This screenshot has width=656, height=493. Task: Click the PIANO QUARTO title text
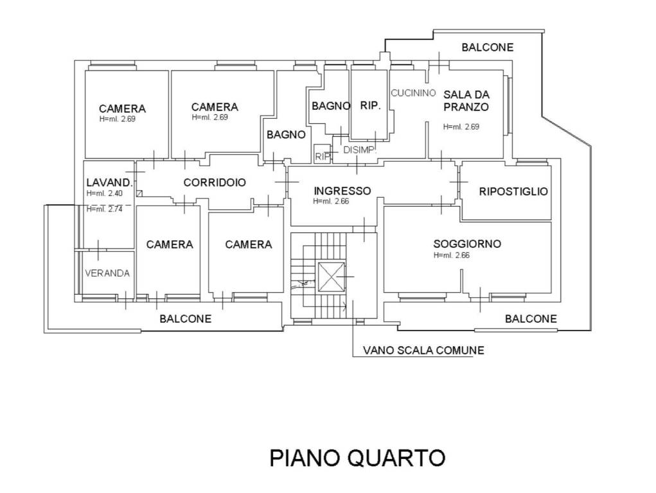pyautogui.click(x=357, y=458)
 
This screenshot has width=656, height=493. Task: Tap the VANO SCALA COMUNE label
pyautogui.click(x=423, y=350)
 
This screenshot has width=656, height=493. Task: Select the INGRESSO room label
pyautogui.click(x=342, y=191)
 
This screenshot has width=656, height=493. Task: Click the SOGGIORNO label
pyautogui.click(x=467, y=244)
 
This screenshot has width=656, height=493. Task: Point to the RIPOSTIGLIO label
pyautogui.click(x=513, y=191)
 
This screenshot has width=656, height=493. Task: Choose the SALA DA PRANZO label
pyautogui.click(x=466, y=101)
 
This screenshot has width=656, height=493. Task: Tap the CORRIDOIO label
pyautogui.click(x=215, y=182)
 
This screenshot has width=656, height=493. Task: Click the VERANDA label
pyautogui.click(x=107, y=273)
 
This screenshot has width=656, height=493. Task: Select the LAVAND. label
pyautogui.click(x=109, y=182)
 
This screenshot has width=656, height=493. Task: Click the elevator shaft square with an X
pyautogui.click(x=332, y=278)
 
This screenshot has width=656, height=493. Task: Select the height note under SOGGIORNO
pyautogui.click(x=453, y=255)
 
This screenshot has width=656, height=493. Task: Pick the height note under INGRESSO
pyautogui.click(x=332, y=201)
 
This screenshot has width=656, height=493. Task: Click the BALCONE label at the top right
pyautogui.click(x=488, y=47)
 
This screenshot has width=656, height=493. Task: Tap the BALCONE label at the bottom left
pyautogui.click(x=185, y=318)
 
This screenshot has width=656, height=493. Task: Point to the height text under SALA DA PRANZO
pyautogui.click(x=461, y=126)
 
